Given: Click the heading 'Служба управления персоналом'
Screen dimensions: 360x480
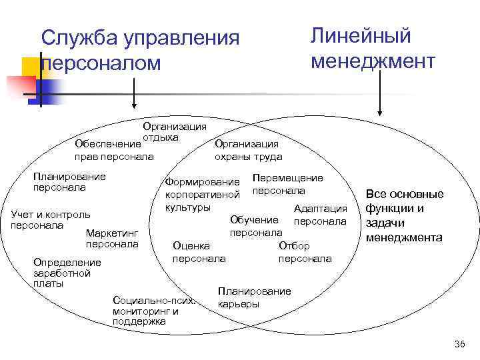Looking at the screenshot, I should pyautogui.click(x=140, y=50).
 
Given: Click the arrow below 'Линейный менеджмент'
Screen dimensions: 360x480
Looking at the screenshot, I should pyautogui.click(x=379, y=93).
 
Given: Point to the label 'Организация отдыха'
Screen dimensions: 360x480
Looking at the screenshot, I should pyautogui.click(x=174, y=131).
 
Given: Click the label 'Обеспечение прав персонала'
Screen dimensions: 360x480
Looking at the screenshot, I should pyautogui.click(x=113, y=150).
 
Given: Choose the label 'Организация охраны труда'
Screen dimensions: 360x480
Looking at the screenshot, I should pyautogui.click(x=248, y=150).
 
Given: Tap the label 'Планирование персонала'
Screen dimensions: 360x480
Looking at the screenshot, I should pyautogui.click(x=69, y=182).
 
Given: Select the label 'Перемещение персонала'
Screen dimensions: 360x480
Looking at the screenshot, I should pyautogui.click(x=287, y=184).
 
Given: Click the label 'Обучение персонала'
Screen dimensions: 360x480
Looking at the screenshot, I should pyautogui.click(x=255, y=226).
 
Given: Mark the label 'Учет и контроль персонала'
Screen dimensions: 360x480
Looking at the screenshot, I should pyautogui.click(x=50, y=220).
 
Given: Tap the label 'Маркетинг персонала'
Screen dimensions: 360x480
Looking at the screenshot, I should pyautogui.click(x=112, y=239).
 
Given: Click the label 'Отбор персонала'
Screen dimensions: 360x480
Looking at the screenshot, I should pyautogui.click(x=304, y=252).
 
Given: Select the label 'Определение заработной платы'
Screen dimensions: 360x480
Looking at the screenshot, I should pyautogui.click(x=67, y=273).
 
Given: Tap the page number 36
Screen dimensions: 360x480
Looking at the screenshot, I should pyautogui.click(x=459, y=344).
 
